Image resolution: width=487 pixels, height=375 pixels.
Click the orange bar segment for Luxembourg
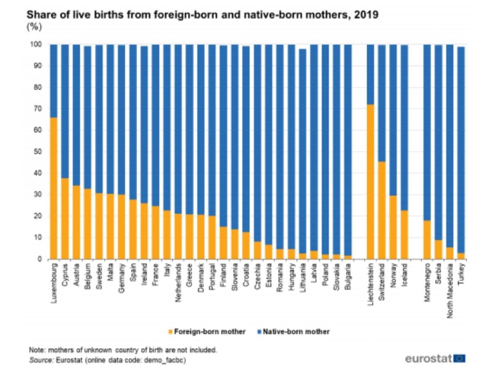(54, 188)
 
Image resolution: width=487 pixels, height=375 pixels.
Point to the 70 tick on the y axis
(38, 109)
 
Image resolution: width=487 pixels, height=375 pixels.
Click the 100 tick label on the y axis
(36, 44)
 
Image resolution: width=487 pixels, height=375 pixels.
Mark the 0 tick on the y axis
(40, 259)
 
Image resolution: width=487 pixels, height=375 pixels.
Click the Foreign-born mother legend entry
(207, 332)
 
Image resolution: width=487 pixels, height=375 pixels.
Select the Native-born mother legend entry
(294, 332)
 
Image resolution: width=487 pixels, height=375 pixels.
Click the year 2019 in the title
(366, 16)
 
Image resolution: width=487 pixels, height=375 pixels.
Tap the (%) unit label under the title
(34, 27)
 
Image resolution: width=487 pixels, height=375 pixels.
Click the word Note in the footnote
(36, 350)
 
